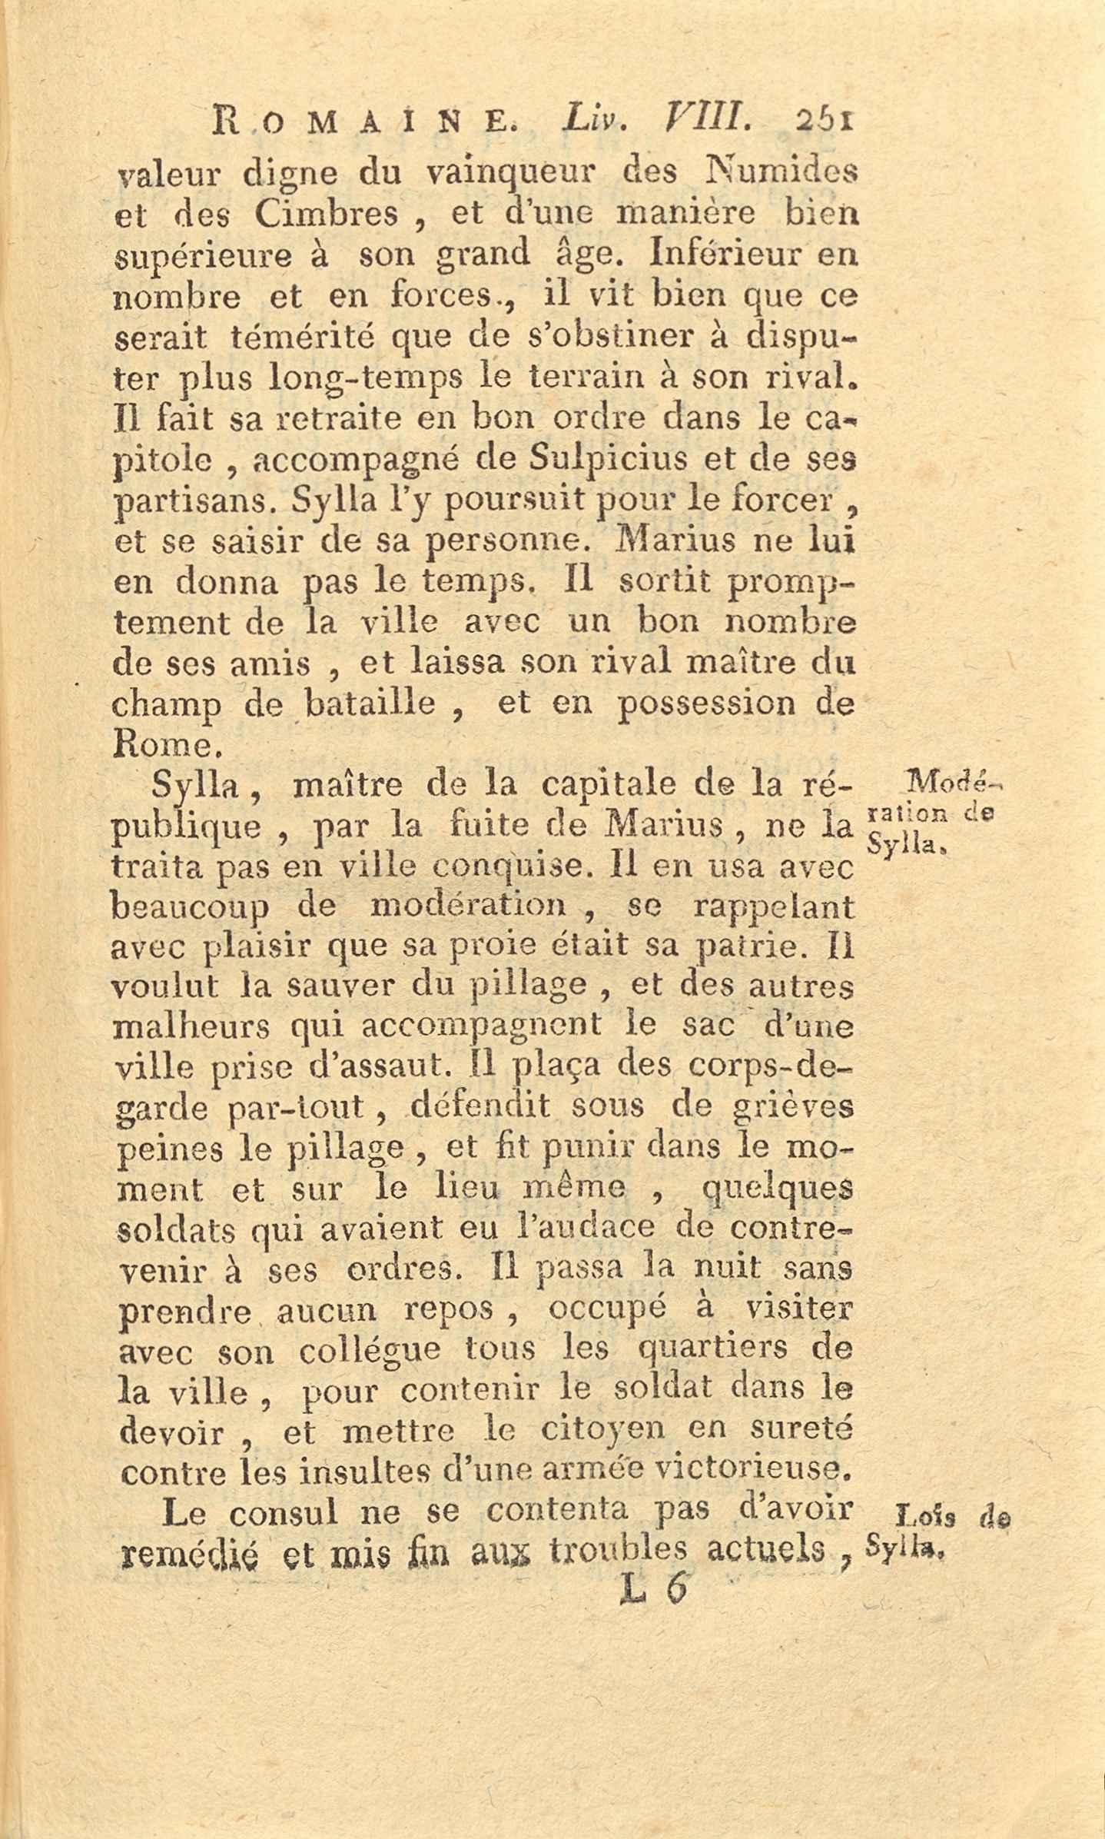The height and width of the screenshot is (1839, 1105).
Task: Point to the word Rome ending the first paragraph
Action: pos(165,744)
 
